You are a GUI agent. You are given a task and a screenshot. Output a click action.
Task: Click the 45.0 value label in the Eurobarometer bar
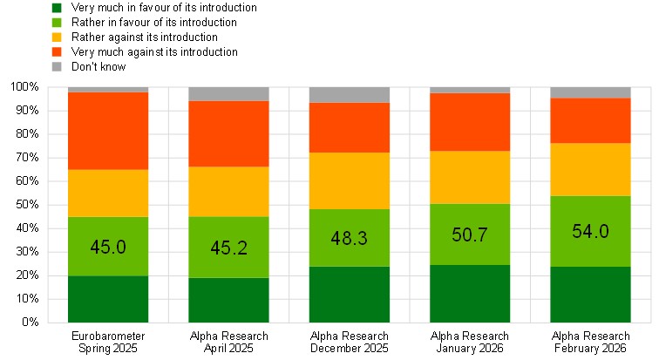point(108,247)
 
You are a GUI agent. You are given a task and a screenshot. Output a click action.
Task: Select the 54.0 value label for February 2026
point(590,231)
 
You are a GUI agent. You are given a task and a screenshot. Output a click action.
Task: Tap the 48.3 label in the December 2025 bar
point(349,238)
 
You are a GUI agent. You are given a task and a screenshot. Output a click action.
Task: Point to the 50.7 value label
point(470,235)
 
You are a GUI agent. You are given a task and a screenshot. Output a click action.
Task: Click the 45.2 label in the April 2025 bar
point(228,248)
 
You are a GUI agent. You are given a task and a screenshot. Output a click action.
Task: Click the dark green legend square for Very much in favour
point(58,7)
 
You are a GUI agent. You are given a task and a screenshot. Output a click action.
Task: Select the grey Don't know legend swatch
point(58,66)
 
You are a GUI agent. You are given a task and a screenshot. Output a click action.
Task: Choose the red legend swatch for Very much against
point(58,51)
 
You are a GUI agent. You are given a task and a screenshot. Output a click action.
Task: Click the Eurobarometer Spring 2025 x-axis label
point(108,342)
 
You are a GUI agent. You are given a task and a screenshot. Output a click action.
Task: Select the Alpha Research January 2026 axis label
point(470,342)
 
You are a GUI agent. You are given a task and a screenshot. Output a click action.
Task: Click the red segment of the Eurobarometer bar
point(108,131)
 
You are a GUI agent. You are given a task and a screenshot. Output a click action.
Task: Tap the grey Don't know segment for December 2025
point(349,95)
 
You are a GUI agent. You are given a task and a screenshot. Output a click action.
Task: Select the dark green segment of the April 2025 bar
point(228,300)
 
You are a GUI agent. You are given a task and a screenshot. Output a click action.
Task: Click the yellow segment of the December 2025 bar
point(349,180)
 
